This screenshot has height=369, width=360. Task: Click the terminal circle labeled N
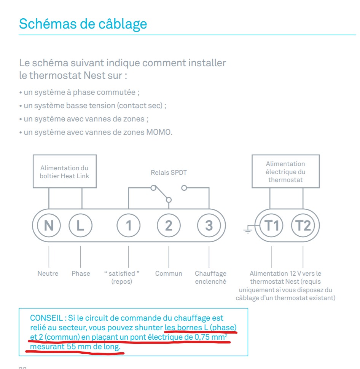[49, 225]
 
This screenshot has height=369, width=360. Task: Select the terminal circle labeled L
[80, 225]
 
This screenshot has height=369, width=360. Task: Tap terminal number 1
[129, 225]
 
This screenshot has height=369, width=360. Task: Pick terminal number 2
[169, 225]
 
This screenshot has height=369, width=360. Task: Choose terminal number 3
[209, 225]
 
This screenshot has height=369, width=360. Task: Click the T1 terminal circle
[271, 225]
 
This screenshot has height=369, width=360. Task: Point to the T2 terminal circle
[303, 225]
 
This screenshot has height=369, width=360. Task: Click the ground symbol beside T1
[248, 229]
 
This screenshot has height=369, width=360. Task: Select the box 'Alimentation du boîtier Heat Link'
[64, 171]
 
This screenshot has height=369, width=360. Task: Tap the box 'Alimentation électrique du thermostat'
[285, 171]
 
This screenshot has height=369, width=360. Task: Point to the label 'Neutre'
[48, 273]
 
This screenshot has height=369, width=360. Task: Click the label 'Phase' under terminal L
[81, 273]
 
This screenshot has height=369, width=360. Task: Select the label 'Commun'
[169, 273]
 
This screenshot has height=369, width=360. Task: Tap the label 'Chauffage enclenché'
[210, 278]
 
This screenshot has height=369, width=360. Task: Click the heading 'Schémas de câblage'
[83, 24]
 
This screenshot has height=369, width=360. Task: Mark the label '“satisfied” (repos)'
[122, 277]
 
